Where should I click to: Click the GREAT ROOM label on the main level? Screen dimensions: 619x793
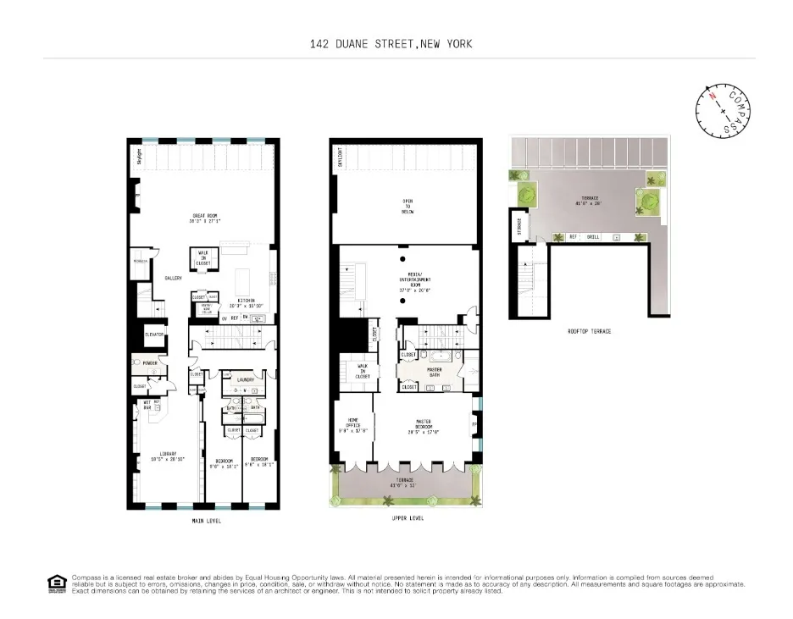(x=206, y=217)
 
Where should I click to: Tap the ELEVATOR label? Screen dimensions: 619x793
(x=154, y=334)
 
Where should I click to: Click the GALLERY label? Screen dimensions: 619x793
(x=174, y=277)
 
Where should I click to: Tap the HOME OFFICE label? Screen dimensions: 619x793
(x=355, y=424)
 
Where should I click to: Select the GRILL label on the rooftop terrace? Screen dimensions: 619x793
(x=593, y=237)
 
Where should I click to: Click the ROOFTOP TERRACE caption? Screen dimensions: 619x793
(x=589, y=331)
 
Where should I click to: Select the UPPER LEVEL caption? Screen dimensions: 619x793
(x=408, y=517)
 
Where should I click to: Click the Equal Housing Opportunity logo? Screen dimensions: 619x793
(x=57, y=583)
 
